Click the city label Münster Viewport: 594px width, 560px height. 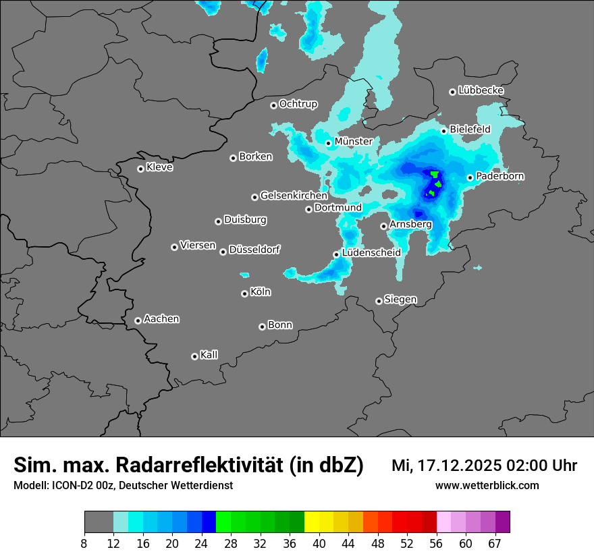[x=353, y=142]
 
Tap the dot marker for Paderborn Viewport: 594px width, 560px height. [x=470, y=177]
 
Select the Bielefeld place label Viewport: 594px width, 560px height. [x=470, y=129]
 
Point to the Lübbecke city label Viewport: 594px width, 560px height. [x=481, y=90]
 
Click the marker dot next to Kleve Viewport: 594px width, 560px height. [x=140, y=169]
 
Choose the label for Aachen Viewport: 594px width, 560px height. [x=161, y=319]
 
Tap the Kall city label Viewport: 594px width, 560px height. [x=209, y=355]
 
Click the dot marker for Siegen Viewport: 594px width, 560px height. [x=379, y=301]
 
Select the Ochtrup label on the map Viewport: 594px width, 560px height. [x=298, y=104]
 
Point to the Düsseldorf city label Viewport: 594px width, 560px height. [x=254, y=250]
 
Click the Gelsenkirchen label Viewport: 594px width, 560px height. [x=294, y=196]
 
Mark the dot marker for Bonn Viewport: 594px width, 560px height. [x=262, y=327]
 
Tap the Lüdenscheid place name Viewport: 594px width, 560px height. [x=371, y=252]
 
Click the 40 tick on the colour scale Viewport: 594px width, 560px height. [x=319, y=544]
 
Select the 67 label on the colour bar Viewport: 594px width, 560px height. [x=495, y=544]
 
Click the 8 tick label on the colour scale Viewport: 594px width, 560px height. [x=84, y=544]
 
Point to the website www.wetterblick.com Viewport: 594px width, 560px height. [x=487, y=486]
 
